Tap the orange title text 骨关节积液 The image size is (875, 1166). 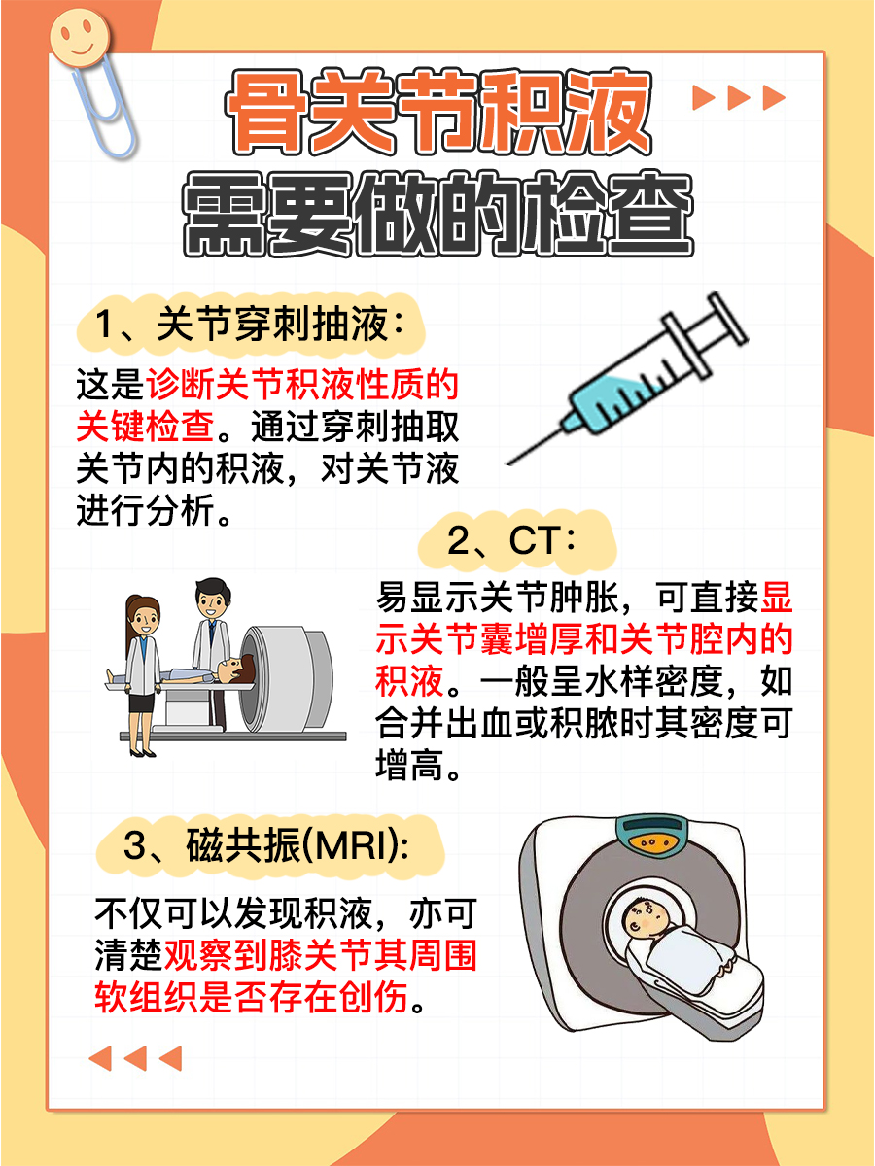439,114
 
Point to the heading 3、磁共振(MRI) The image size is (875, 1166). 266,845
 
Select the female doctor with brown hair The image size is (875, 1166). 143,670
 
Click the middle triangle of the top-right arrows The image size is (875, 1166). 739,97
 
